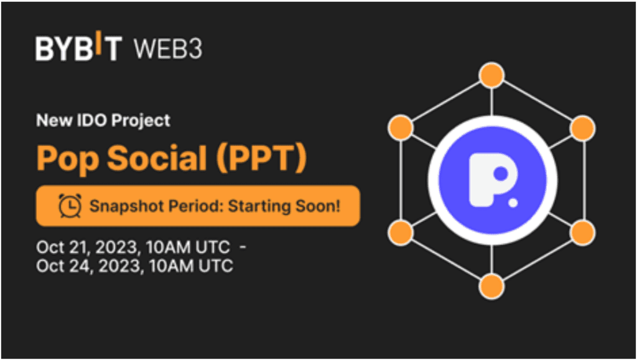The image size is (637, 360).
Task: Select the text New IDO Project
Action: point(103,120)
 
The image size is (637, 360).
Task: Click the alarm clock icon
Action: point(70,205)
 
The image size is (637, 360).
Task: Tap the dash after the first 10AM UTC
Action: point(243,247)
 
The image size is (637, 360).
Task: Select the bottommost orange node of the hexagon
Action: point(491,285)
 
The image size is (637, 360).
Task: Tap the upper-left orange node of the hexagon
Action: point(400,128)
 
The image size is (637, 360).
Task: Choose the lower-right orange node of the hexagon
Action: point(583,233)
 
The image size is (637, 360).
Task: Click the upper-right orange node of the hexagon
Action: point(583,128)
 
